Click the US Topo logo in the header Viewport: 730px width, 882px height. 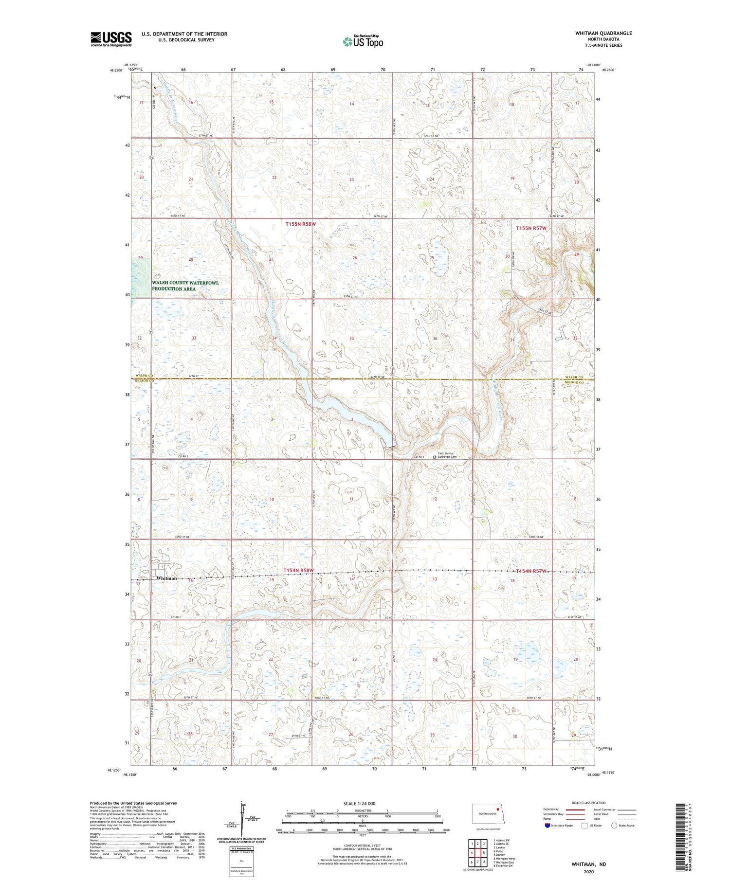362,41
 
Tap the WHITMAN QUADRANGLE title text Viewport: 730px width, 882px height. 603,33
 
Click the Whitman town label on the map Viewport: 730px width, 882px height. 166,578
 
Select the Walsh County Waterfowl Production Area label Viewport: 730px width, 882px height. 185,286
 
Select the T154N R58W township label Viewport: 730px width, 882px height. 299,570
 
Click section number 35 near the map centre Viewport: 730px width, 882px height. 351,338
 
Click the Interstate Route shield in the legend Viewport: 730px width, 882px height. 547,826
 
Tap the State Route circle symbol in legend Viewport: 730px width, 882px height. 614,826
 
